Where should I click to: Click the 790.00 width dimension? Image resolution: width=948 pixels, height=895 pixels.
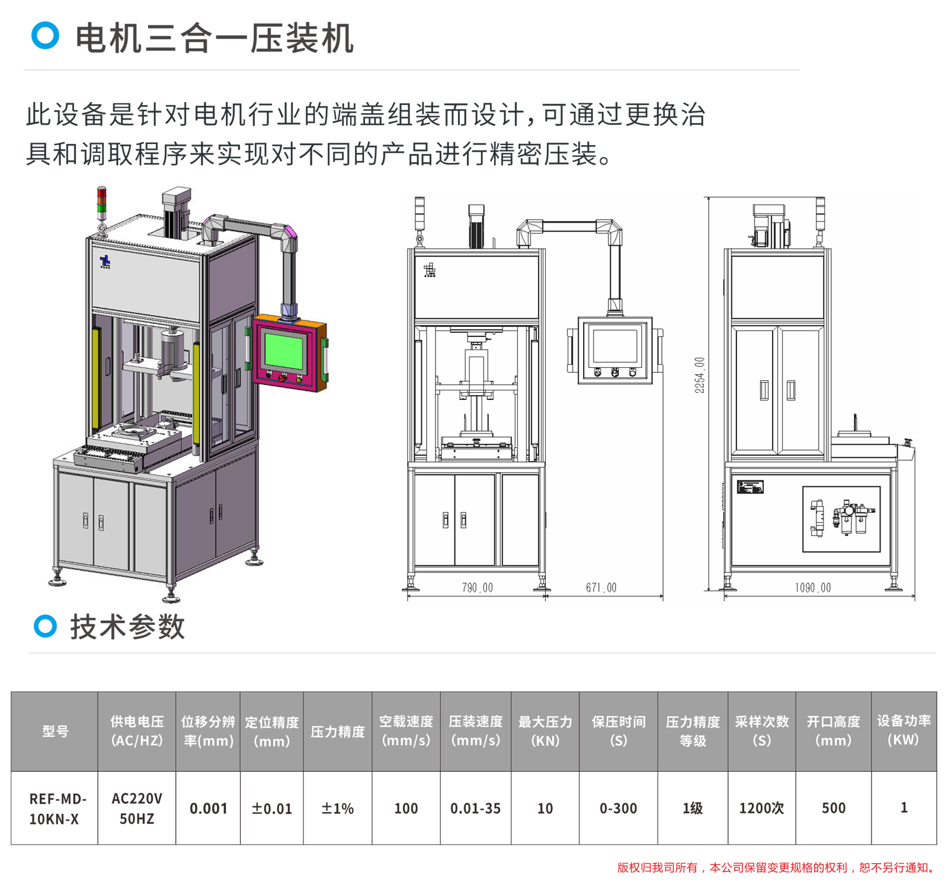pyautogui.click(x=477, y=588)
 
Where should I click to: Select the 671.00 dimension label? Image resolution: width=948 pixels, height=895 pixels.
pyautogui.click(x=601, y=588)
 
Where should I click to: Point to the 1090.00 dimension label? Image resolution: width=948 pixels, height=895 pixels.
pyautogui.click(x=812, y=588)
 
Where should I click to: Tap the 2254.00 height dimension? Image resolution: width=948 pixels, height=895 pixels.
pyautogui.click(x=700, y=375)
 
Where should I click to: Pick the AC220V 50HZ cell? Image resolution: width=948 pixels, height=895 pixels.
pyautogui.click(x=137, y=809)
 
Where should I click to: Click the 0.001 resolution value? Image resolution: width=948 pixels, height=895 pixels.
pyautogui.click(x=208, y=809)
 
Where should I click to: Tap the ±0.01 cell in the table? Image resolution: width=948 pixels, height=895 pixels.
pyautogui.click(x=272, y=809)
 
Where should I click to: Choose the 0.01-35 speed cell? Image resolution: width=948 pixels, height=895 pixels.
pyautogui.click(x=475, y=809)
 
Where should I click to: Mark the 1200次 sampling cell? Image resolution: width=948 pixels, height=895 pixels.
pyautogui.click(x=761, y=809)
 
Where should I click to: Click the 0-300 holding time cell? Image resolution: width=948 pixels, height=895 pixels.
pyautogui.click(x=618, y=809)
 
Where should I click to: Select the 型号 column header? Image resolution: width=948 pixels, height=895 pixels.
pyautogui.click(x=55, y=732)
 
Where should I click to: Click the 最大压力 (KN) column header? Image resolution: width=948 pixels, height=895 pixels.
pyautogui.click(x=545, y=732)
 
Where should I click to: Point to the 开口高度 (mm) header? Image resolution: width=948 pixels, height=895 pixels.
pyautogui.click(x=833, y=732)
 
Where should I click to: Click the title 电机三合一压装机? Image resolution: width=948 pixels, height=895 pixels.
pyautogui.click(x=214, y=39)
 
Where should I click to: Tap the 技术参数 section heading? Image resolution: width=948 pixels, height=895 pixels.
pyautogui.click(x=127, y=627)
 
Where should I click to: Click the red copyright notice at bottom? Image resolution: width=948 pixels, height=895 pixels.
pyautogui.click(x=776, y=868)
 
